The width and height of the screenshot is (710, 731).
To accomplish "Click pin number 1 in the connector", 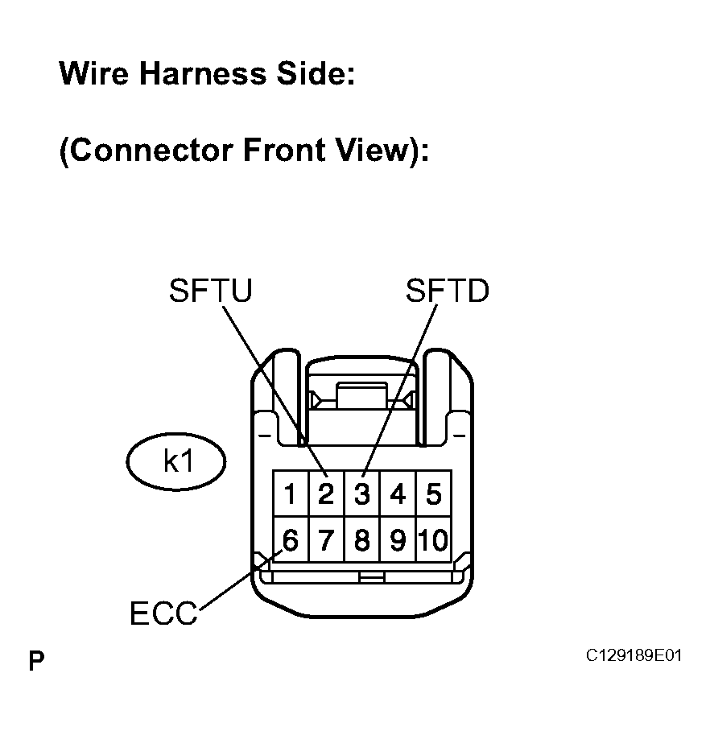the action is coord(291,494).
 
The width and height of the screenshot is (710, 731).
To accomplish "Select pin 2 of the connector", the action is coord(326,494).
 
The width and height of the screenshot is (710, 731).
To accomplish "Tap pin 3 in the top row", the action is coord(362,494).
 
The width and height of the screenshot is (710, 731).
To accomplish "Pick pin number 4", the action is coord(398,494).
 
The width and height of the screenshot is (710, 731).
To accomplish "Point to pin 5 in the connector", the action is coord(434,494).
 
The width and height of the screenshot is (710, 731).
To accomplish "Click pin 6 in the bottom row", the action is coord(291,540).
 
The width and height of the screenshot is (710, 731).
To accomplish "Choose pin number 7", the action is coord(326,540).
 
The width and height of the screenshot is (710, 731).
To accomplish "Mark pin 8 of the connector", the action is coord(362,540).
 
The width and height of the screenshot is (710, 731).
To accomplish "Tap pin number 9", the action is coord(398,540).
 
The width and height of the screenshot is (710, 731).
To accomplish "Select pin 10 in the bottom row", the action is coord(434,540).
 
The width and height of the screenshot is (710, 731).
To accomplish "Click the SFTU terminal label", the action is coord(211,291).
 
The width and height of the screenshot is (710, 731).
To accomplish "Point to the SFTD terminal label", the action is coord(448,291).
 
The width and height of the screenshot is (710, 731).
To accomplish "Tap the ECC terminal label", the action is coord(163,613).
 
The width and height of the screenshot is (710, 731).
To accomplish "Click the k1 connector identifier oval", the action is coord(176,461).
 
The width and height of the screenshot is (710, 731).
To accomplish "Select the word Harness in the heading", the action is coord(203,73).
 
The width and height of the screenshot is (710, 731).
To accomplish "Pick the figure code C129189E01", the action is coord(634,655).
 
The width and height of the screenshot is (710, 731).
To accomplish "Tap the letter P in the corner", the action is coord(36,661).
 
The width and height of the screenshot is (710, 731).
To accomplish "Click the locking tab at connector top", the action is coord(361,396).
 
